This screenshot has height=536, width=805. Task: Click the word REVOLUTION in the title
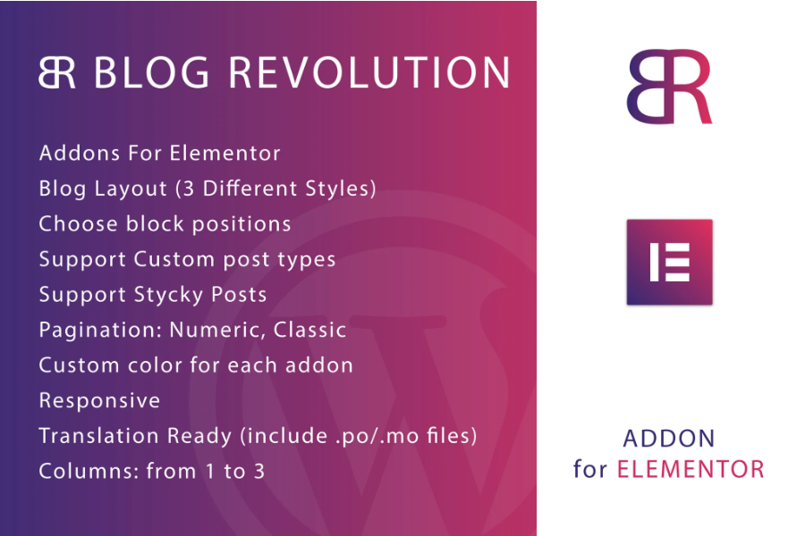click(x=369, y=73)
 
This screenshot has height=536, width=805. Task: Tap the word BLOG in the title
click(x=151, y=73)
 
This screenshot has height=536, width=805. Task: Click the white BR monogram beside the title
click(x=57, y=72)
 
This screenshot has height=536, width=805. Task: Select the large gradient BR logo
click(x=669, y=87)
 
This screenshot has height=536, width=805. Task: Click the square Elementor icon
click(x=669, y=262)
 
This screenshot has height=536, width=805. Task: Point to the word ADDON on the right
click(x=669, y=439)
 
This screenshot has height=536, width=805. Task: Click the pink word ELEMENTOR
click(x=691, y=469)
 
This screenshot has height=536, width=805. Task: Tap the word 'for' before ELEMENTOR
click(x=590, y=469)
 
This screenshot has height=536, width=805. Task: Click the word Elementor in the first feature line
click(x=225, y=154)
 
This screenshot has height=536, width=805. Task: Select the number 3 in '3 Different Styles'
click(x=189, y=188)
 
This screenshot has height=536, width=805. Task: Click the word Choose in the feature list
click(x=79, y=224)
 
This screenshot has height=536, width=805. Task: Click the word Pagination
click(x=100, y=331)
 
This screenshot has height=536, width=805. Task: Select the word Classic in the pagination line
click(x=310, y=330)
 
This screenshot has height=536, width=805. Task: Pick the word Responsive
click(x=99, y=401)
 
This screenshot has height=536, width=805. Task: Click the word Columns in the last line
click(x=89, y=472)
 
